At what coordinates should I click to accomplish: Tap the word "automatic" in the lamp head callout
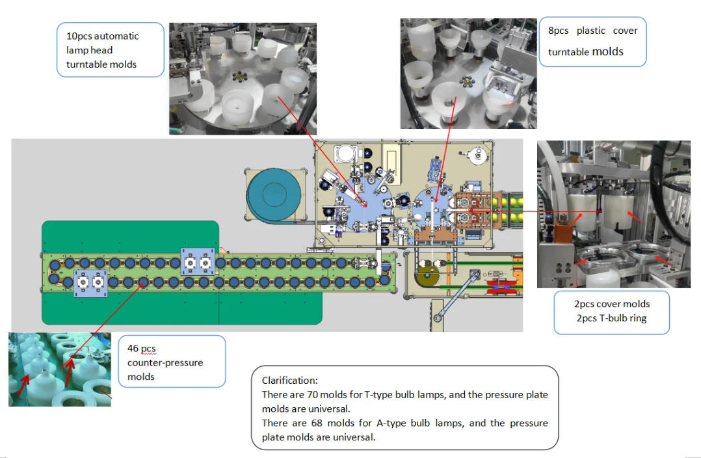coord(116,36)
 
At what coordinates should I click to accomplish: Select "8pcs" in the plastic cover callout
coord(557,31)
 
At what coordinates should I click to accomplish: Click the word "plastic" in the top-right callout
coord(590,31)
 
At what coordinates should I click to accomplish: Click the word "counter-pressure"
coord(165,362)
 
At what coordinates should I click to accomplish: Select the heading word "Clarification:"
coord(290,380)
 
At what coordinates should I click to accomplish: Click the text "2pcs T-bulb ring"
coord(611,317)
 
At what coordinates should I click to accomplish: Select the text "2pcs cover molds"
coord(611,304)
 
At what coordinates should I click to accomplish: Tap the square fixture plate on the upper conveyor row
coord(198,263)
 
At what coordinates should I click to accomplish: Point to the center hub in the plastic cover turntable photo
coord(466,83)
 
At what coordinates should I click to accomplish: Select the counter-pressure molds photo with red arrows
coord(59,369)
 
